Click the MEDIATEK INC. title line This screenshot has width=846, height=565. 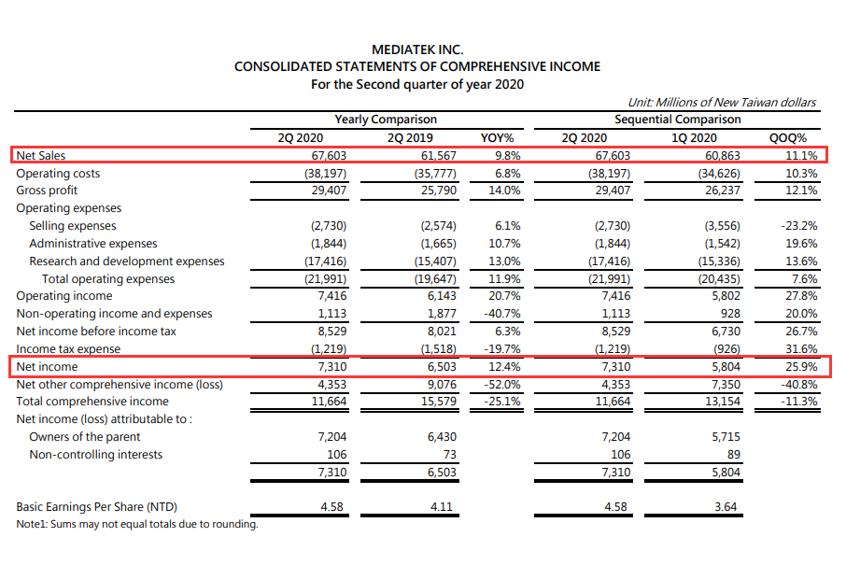tap(417, 49)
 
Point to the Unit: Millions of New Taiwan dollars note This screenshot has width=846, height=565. tap(722, 102)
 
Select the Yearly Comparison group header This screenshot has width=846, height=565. tap(386, 120)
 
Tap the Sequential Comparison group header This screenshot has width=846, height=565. tap(677, 120)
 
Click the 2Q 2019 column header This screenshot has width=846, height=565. tap(410, 138)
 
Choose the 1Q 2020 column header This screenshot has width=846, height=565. tap(694, 138)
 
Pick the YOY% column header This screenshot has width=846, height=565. tap(497, 138)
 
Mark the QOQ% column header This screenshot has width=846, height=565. tap(788, 138)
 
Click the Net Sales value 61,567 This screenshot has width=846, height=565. tap(438, 156)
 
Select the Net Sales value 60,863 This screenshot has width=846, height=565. tap(723, 156)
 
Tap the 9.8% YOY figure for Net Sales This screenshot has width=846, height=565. tap(508, 156)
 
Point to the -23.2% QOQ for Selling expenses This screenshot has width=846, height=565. tap(798, 226)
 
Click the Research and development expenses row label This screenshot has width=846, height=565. tap(127, 261)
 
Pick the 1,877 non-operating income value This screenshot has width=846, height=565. tap(442, 314)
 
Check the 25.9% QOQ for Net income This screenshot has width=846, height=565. tap(801, 367)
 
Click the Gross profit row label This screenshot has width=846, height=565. tap(47, 191)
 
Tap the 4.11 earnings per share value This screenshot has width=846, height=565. tap(441, 507)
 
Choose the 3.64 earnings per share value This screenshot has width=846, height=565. tap(726, 507)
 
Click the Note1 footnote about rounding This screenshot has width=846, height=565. tap(137, 524)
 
